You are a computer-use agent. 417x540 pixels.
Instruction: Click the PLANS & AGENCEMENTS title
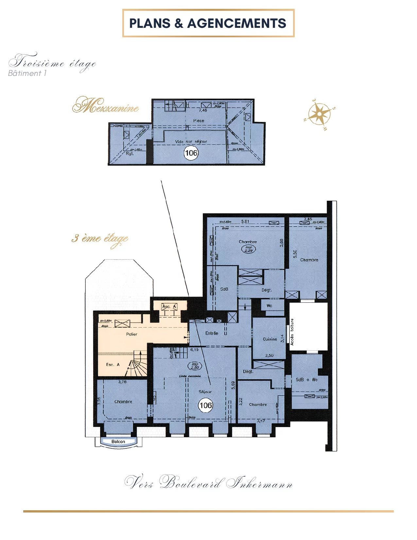[x=208, y=23]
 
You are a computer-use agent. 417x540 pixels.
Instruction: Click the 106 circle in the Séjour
[x=205, y=405]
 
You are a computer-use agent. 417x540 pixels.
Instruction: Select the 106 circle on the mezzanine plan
[x=191, y=153]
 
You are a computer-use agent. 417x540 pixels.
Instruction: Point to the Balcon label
[x=118, y=441]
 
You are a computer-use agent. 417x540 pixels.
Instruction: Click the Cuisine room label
[x=270, y=339]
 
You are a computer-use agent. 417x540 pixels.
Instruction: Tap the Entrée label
[x=212, y=333]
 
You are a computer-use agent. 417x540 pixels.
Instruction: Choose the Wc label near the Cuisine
[x=269, y=306]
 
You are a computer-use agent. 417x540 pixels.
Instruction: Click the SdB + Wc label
[x=306, y=380]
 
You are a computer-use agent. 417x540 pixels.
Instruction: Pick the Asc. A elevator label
[x=169, y=307]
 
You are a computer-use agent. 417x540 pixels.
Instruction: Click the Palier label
[x=131, y=334]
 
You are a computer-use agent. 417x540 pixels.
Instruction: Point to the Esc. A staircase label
[x=113, y=365]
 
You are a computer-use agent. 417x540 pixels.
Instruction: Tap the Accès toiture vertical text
[x=292, y=332]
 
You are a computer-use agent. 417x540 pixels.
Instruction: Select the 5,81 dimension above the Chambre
[x=245, y=222]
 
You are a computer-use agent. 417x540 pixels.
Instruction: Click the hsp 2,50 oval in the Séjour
[x=195, y=366]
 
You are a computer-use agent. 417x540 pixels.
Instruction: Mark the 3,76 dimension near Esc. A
[x=122, y=382]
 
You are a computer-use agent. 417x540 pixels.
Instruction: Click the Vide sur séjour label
[x=191, y=142]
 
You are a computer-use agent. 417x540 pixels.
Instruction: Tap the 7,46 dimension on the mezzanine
[x=203, y=110]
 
